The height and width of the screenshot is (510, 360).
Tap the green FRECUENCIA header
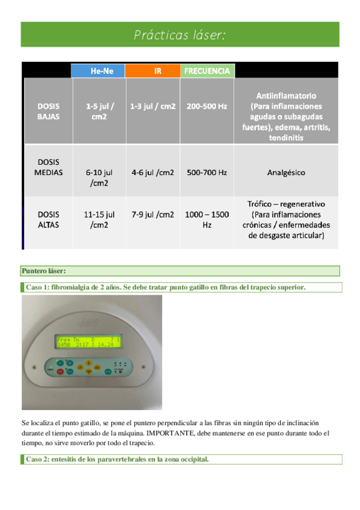point(207,71)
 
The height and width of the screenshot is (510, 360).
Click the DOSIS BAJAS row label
point(48,111)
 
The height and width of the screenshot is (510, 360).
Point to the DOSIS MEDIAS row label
point(48,167)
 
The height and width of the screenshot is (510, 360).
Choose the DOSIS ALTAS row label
point(48,219)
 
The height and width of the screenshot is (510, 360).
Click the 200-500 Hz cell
point(207,106)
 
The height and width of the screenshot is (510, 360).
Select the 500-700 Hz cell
point(207,173)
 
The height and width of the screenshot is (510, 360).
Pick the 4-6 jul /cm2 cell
point(153,173)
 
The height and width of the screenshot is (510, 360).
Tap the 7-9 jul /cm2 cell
point(153,214)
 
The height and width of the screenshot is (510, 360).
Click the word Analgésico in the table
point(285,173)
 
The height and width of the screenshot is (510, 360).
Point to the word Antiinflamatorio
point(285,96)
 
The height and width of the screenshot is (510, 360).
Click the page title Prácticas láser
point(180,35)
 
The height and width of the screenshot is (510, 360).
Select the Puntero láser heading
point(44,271)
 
